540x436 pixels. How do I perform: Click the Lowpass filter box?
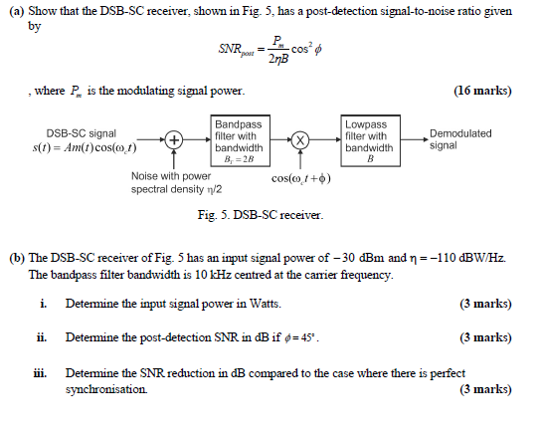coord(368,141)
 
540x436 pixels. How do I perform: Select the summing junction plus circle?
coord(174,140)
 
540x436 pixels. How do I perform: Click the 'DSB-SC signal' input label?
coord(81,132)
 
